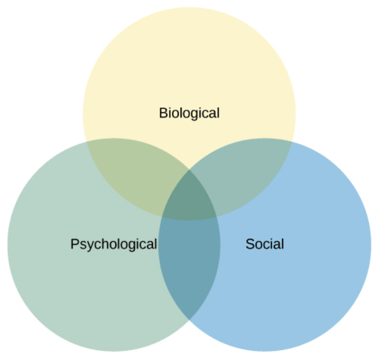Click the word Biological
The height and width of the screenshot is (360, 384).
pos(189,114)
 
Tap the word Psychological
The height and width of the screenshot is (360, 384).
pos(114,245)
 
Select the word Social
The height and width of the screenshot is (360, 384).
pos(265,244)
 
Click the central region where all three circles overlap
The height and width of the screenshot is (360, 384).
pos(189,198)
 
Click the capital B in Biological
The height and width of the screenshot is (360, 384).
pos(164,113)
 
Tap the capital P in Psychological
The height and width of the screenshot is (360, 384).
pos(75,244)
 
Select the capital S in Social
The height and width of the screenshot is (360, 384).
pos(251,244)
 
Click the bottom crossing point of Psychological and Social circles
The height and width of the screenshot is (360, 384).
pos(189,320)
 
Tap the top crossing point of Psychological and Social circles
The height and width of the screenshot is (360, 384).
pos(189,169)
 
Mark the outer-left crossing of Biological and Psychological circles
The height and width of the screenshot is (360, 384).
pos(86,142)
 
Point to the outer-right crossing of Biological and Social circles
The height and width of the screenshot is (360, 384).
pos(292,142)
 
